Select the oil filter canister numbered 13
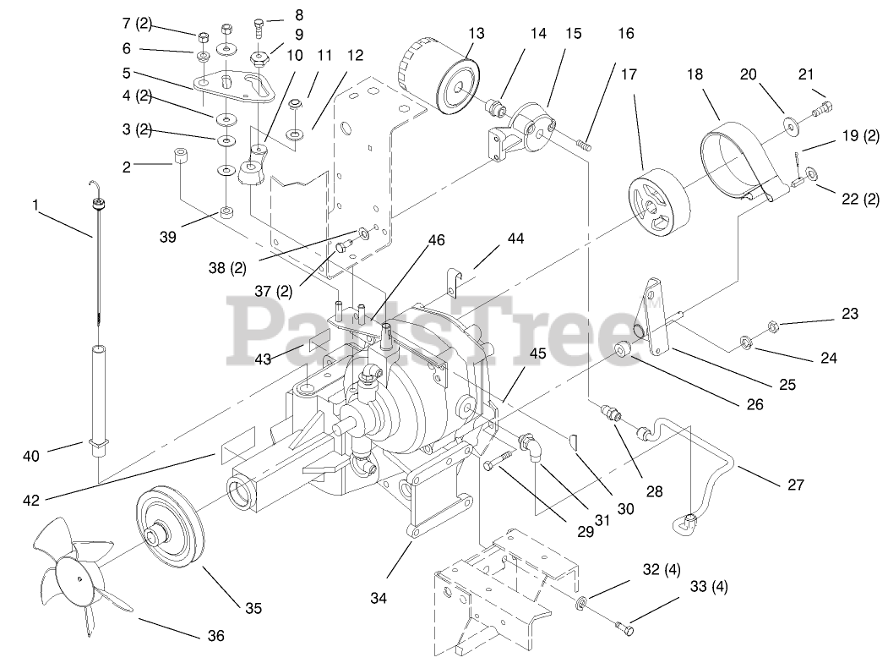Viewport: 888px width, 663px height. point(439,80)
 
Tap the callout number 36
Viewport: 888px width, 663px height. point(215,635)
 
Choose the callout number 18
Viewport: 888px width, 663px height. point(695,74)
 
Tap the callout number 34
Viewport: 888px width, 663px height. point(378,599)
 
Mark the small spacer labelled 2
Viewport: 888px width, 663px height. point(179,158)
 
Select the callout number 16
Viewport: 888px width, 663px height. point(624,34)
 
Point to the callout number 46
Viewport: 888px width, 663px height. point(436,240)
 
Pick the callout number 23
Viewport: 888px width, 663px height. point(849,314)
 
